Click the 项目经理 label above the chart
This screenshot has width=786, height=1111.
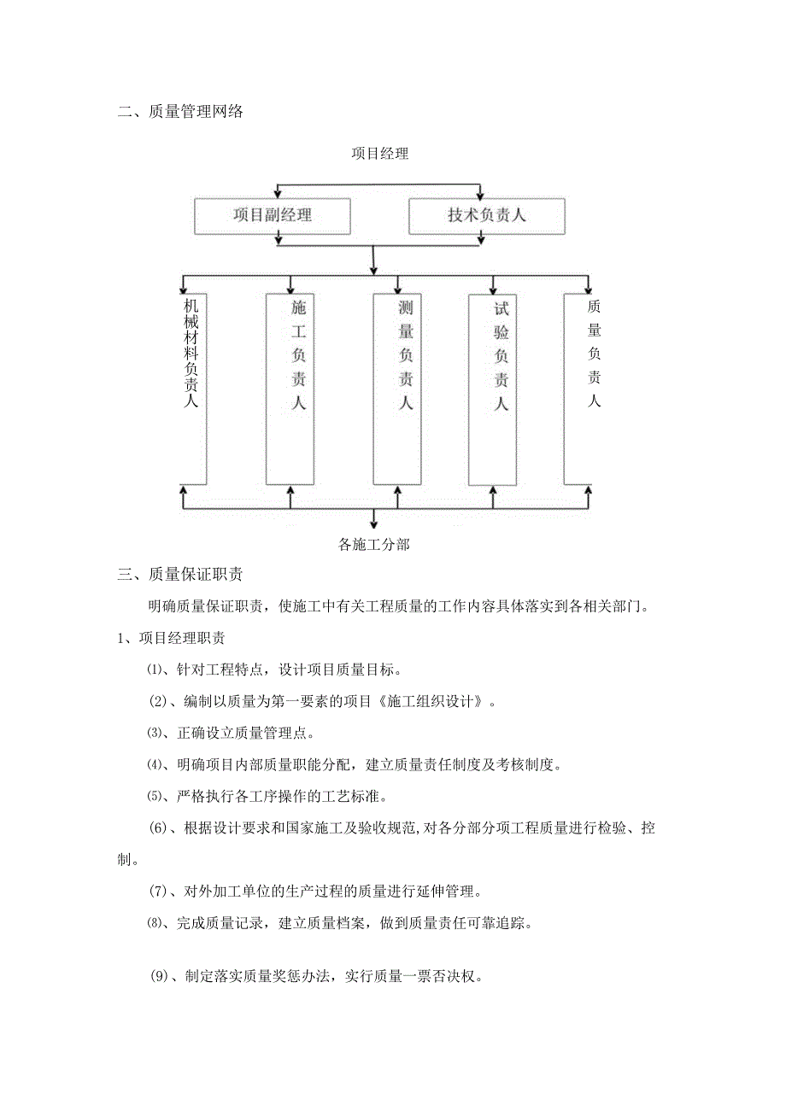pyautogui.click(x=380, y=154)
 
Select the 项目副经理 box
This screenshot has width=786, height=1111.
pyautogui.click(x=273, y=215)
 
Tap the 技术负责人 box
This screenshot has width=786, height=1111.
pyautogui.click(x=486, y=215)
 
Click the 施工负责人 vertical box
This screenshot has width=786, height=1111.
pyautogui.click(x=290, y=389)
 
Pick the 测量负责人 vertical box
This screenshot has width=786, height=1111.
pyautogui.click(x=397, y=389)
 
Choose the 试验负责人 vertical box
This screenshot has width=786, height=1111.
pyautogui.click(x=493, y=389)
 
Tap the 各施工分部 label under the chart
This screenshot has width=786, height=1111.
pyautogui.click(x=374, y=544)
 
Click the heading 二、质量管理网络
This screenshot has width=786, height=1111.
pyautogui.click(x=180, y=111)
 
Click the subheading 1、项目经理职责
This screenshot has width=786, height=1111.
pyautogui.click(x=171, y=638)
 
